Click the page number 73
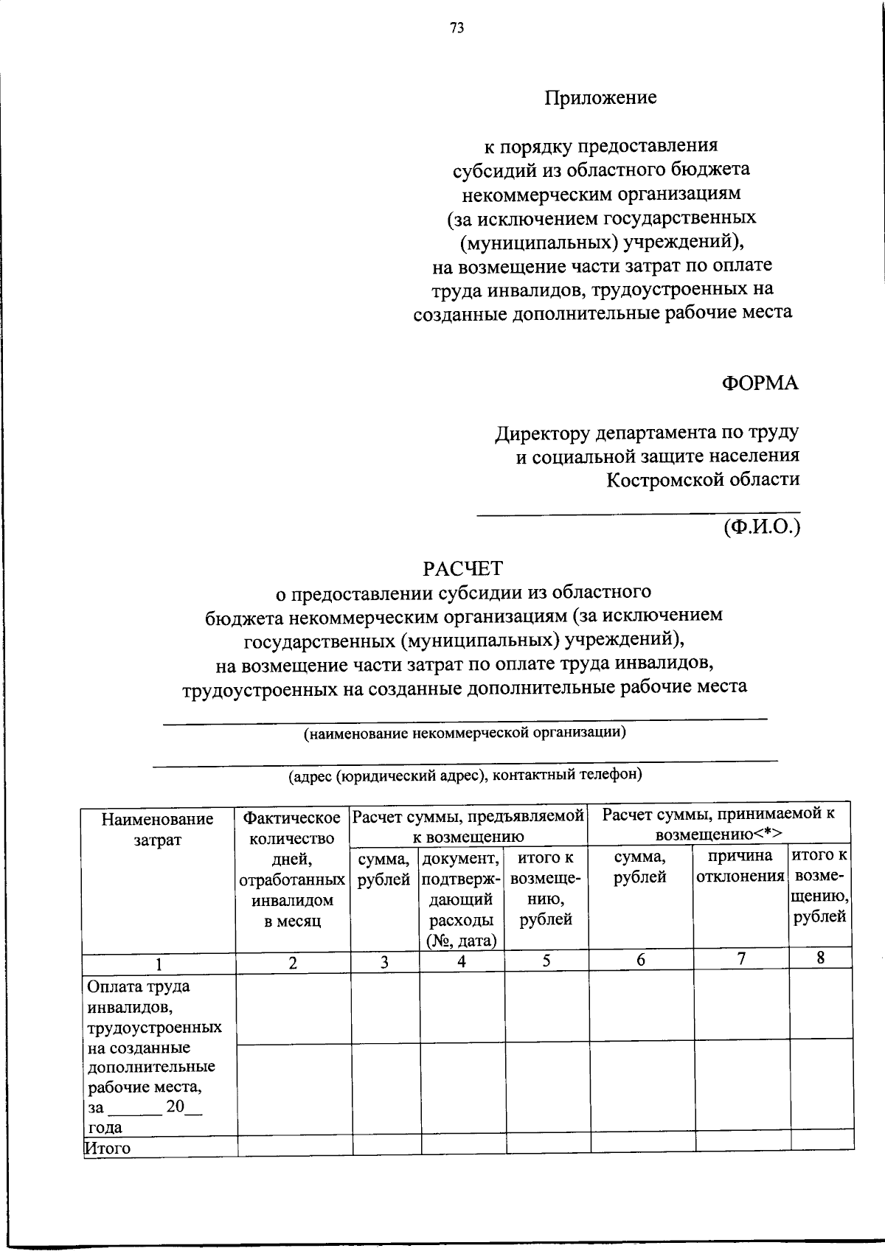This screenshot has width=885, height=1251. (x=457, y=29)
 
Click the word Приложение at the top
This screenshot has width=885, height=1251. (x=600, y=97)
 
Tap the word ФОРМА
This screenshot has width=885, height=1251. (x=760, y=383)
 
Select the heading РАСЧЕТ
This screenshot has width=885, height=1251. (x=462, y=568)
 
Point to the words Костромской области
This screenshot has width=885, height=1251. (x=703, y=480)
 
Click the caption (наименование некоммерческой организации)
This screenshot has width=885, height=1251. (x=465, y=733)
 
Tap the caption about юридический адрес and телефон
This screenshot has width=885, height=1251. (x=465, y=775)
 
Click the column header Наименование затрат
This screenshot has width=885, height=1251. (x=157, y=829)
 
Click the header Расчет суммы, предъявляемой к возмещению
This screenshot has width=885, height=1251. (x=468, y=826)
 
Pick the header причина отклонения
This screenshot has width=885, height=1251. (x=740, y=866)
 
